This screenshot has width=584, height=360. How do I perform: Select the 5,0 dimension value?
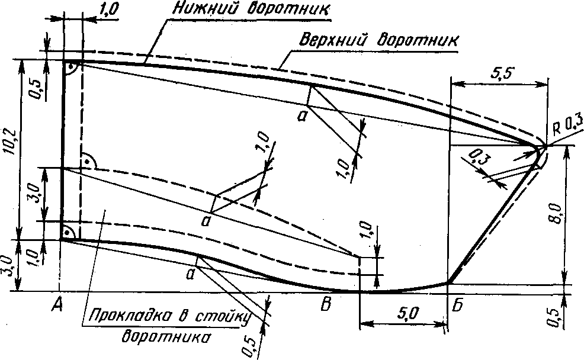[403, 313]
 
